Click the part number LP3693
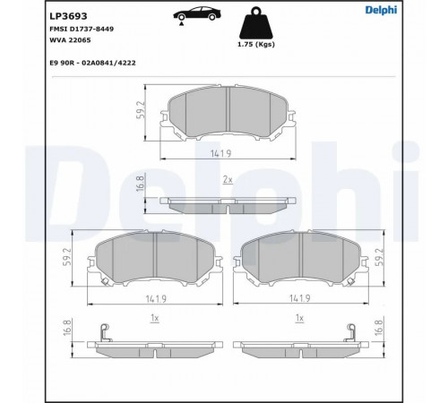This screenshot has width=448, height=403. click(68, 16)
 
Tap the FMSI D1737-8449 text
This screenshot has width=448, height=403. click(82, 29)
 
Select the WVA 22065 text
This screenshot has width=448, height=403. click(70, 40)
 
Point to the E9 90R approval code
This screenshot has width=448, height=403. click(92, 63)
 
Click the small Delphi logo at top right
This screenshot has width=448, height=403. click(382, 10)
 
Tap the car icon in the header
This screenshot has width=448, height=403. click(197, 15)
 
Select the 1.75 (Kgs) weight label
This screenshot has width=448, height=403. click(256, 45)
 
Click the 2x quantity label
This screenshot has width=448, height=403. click(228, 180)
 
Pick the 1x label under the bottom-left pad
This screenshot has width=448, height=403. click(154, 318)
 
